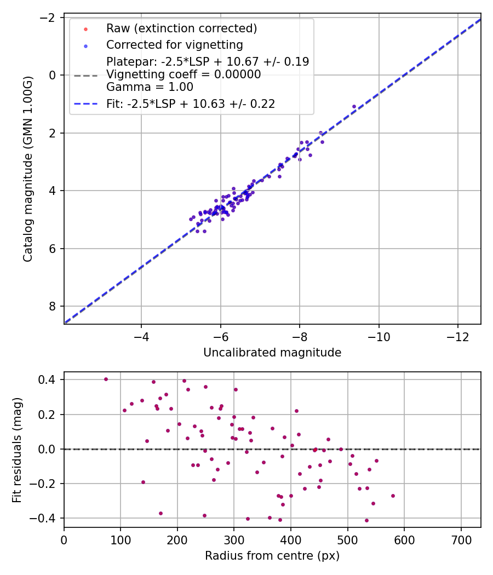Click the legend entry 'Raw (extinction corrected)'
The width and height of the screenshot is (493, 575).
(x=181, y=28)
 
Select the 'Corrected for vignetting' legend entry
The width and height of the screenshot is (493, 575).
(x=174, y=44)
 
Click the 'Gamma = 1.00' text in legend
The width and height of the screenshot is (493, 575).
(x=150, y=87)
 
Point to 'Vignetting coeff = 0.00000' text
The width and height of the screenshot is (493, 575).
(x=184, y=74)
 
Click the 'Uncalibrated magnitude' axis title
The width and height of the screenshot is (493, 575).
(x=272, y=353)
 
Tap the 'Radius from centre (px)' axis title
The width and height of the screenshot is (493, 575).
(x=272, y=556)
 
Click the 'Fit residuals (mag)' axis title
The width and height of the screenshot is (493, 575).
(x=16, y=449)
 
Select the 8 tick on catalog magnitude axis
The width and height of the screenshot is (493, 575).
(x=53, y=306)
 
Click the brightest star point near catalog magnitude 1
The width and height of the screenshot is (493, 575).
(x=354, y=106)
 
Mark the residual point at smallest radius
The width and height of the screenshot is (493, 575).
(x=106, y=379)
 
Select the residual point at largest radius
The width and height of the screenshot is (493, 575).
(x=393, y=496)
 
